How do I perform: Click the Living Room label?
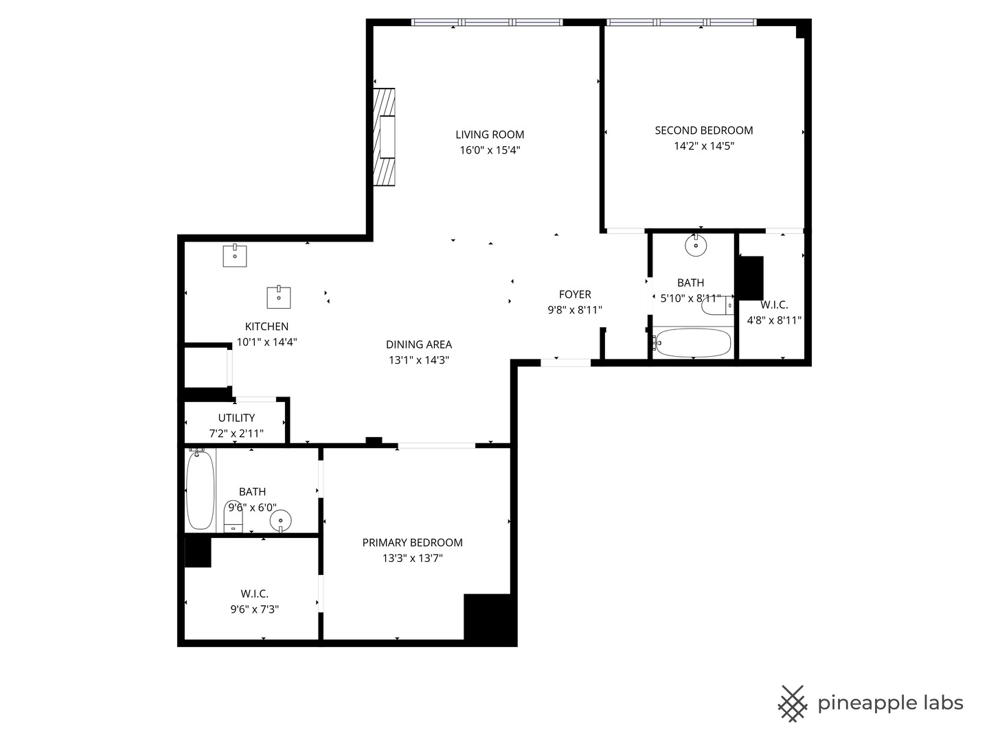click(490, 134)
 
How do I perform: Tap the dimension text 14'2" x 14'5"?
click(704, 145)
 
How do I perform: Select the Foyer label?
click(575, 294)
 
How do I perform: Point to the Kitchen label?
click(266, 327)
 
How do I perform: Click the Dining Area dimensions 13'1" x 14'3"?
click(419, 360)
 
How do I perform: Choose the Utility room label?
click(236, 418)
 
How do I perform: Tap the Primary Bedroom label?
click(412, 543)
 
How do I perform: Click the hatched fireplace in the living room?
click(385, 137)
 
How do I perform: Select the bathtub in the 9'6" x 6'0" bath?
click(200, 490)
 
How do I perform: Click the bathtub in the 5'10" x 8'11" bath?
click(692, 342)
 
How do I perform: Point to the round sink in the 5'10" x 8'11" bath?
click(696, 245)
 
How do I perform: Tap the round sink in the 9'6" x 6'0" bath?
click(280, 521)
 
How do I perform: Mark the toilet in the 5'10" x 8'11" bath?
click(716, 306)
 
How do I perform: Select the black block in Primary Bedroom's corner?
click(489, 618)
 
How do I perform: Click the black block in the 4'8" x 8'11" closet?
click(749, 278)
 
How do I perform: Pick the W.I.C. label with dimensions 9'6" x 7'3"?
click(254, 593)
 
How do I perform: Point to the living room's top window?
click(486, 23)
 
